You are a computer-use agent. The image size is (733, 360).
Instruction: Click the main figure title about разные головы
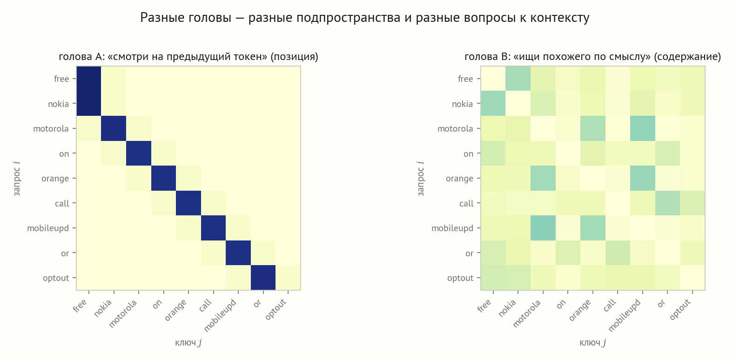pyautogui.click(x=364, y=18)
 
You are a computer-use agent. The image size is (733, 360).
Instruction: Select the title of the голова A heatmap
pyautogui.click(x=188, y=57)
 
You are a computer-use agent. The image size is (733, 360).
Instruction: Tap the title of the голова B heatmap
pyautogui.click(x=592, y=57)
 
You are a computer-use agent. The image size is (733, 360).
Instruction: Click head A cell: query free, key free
pyautogui.click(x=89, y=79)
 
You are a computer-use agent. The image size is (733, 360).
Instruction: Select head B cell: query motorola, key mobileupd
pyautogui.click(x=643, y=128)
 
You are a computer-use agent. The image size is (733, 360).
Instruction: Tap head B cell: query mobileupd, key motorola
pyautogui.click(x=543, y=228)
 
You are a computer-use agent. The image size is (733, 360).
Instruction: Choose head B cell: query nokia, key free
pyautogui.click(x=493, y=104)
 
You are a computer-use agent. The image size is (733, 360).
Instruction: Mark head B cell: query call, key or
pyautogui.click(x=667, y=203)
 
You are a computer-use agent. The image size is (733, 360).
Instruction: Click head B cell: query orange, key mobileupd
pyautogui.click(x=643, y=178)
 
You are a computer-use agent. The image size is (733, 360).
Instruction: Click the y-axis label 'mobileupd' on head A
pyautogui.click(x=48, y=228)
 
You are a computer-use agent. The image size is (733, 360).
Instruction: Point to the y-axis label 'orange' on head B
pyautogui.click(x=459, y=179)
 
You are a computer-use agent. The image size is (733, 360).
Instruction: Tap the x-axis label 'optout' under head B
pyautogui.click(x=680, y=309)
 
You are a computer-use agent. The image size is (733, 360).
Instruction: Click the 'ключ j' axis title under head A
pyautogui.click(x=188, y=343)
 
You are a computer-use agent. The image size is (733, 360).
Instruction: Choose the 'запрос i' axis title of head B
pyautogui.click(x=421, y=178)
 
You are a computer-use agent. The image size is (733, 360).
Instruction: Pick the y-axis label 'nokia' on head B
pyautogui.click(x=463, y=104)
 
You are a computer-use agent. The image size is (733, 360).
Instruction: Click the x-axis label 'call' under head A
pyautogui.click(x=206, y=306)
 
